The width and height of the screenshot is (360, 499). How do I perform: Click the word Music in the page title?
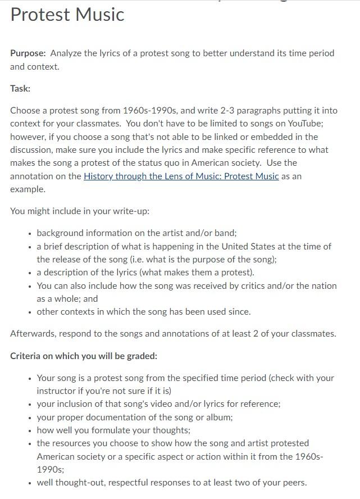(98, 13)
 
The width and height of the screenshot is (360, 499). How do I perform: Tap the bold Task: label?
(20, 88)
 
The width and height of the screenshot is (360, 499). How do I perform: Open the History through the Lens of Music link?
(181, 176)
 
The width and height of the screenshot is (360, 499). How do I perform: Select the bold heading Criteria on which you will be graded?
(84, 356)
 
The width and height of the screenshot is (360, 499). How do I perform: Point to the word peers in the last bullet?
(292, 482)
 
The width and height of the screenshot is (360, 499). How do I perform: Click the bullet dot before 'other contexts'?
(29, 312)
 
